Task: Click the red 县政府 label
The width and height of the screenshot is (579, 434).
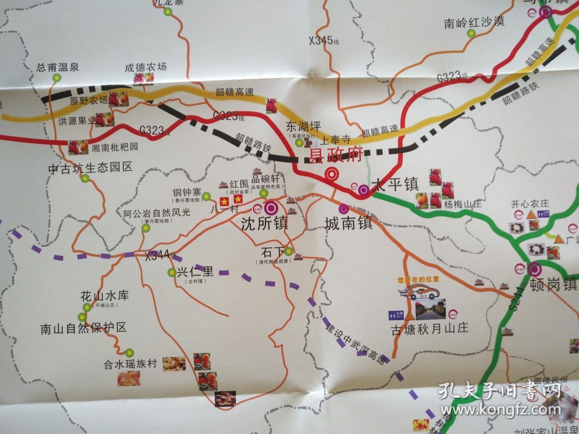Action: pos(335,155)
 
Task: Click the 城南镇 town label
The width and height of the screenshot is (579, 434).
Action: pos(348,224)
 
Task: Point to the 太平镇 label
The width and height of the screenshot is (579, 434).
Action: pos(394,184)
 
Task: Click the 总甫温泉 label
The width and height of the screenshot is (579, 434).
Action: pos(57,68)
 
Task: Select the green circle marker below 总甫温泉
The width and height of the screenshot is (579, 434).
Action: pos(57,77)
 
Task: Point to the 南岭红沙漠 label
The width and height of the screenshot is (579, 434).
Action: pos(474,22)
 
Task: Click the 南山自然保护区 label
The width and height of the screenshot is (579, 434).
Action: pos(83,328)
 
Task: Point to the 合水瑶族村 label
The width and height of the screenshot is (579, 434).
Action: pos(130,364)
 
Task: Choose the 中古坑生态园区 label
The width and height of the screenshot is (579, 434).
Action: pos(90,167)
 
